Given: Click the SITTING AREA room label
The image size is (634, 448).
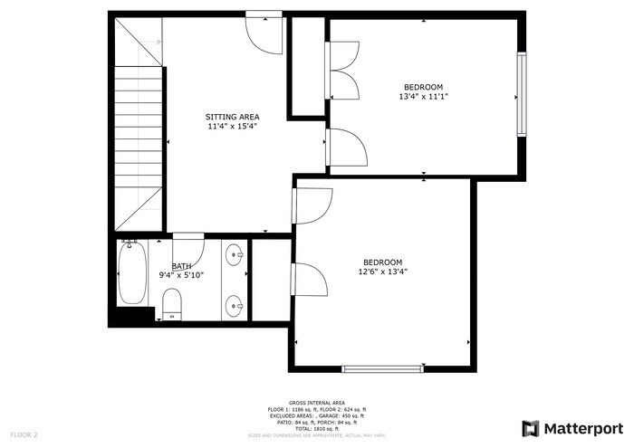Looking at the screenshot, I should (x=232, y=117).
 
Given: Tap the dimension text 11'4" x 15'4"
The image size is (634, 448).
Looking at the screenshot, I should (x=232, y=127).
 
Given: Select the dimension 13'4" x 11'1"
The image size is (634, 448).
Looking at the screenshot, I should (x=423, y=97).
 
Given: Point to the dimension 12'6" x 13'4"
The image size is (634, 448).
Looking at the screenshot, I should (x=383, y=271).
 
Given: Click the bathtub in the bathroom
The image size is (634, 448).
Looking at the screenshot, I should (x=132, y=276).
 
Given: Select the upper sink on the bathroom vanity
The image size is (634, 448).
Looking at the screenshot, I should (x=235, y=254).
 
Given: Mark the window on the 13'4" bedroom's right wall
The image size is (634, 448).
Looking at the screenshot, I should (x=521, y=95).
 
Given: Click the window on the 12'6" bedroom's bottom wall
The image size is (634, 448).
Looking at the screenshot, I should (x=382, y=368).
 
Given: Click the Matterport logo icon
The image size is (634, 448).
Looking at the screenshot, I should (x=531, y=428).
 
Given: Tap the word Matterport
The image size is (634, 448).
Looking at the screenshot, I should (x=583, y=428).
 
